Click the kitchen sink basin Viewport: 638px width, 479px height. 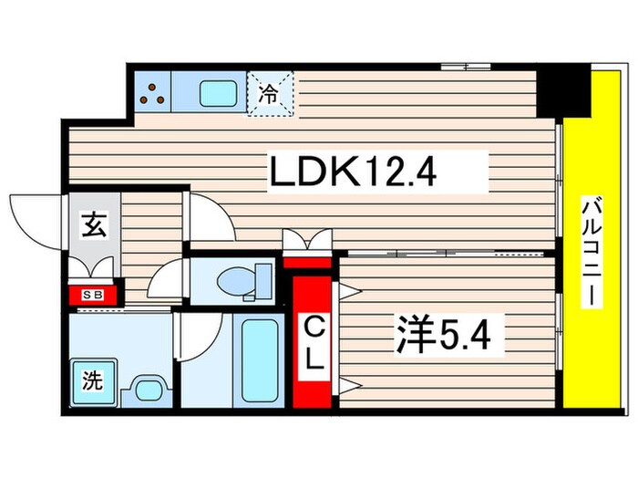(x=217, y=92)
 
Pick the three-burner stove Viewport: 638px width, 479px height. (x=153, y=92)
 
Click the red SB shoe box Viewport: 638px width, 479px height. (x=93, y=294)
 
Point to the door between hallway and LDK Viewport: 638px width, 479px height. (x=208, y=219)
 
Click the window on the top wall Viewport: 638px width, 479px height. (x=465, y=66)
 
